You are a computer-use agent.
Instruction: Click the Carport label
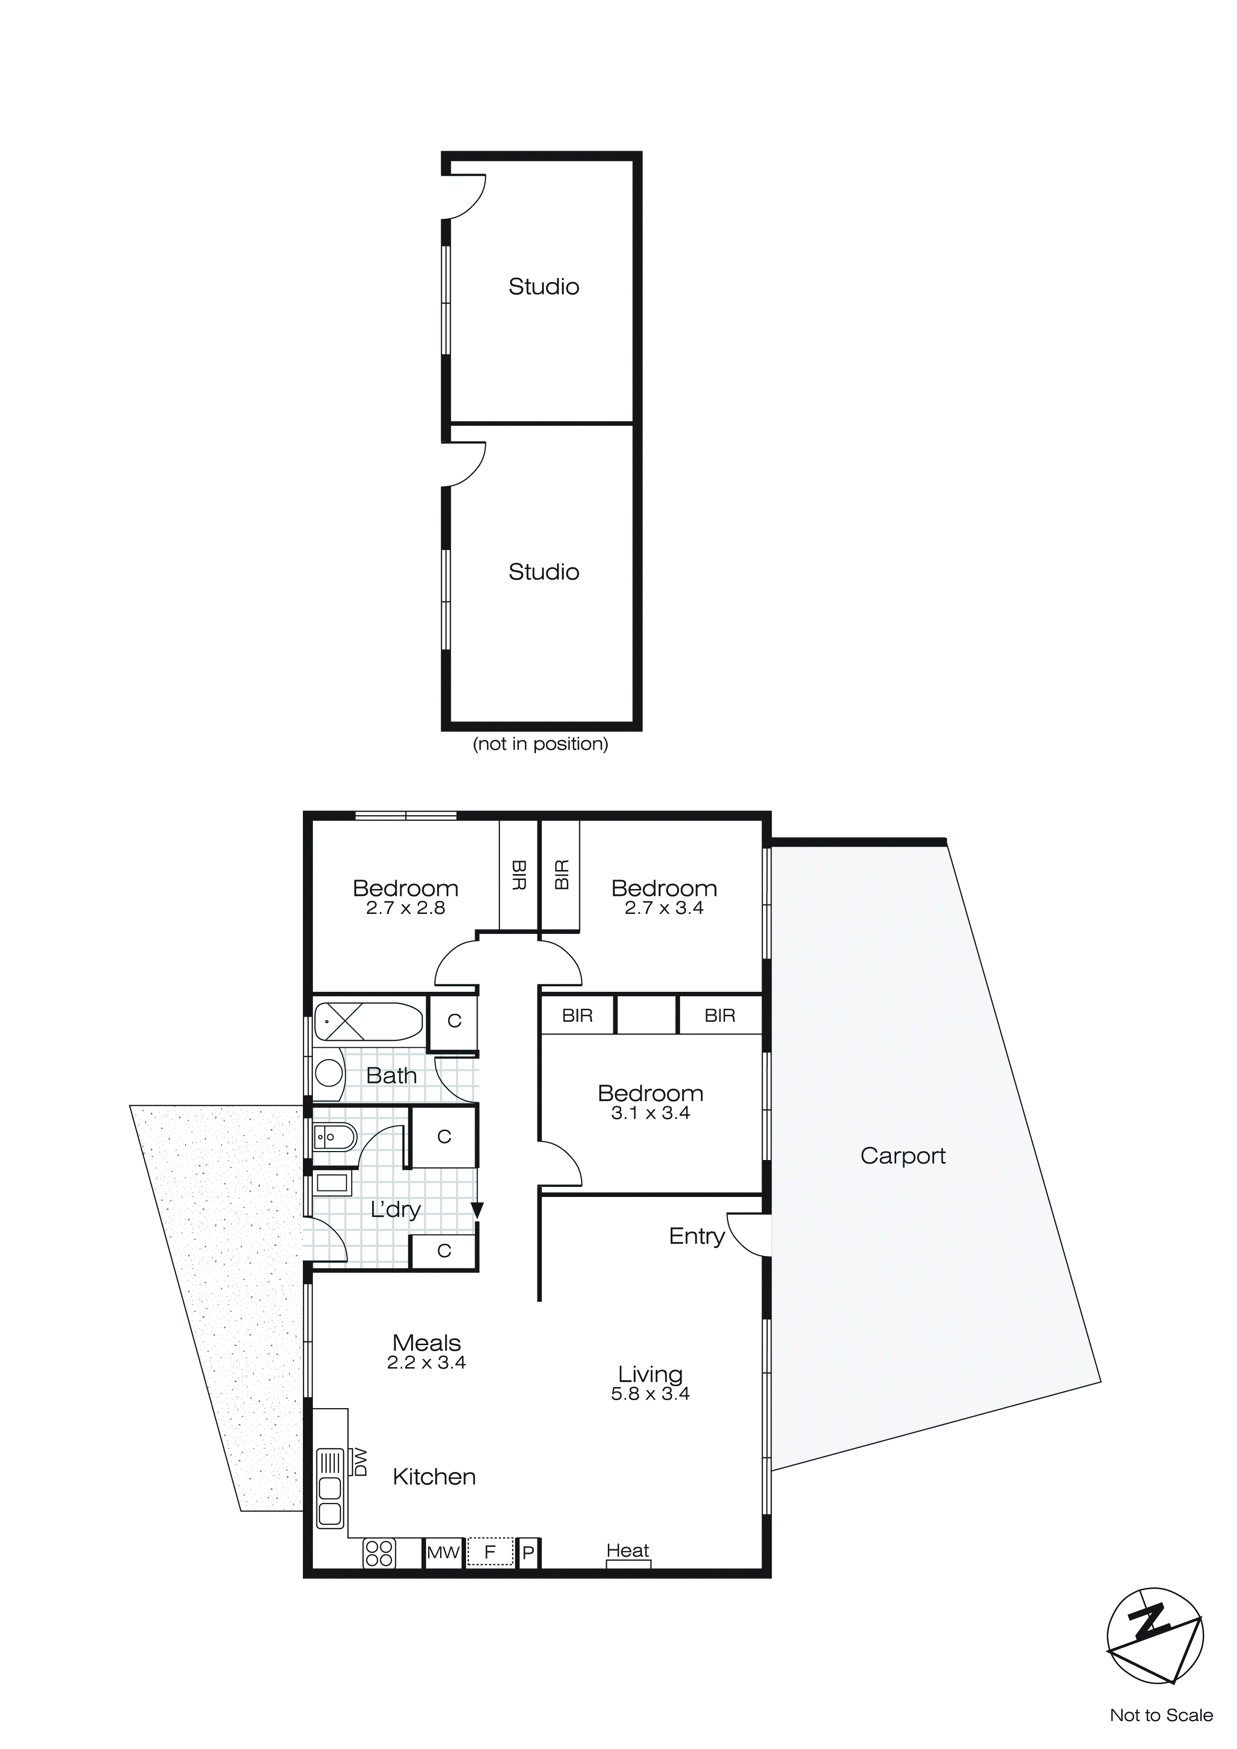903,1156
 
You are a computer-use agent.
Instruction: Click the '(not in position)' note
541,744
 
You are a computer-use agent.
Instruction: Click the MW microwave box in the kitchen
443,1552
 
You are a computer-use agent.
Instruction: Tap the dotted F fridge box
490,1552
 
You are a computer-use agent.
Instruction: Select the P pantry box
528,1552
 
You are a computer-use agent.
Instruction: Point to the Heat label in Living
628,1550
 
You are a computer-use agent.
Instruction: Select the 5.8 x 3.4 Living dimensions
651,1394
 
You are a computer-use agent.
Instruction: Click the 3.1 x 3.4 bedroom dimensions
651,1113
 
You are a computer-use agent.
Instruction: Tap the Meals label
427,1342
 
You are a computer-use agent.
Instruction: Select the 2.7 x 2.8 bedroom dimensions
405,908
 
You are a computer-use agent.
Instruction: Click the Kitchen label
434,1476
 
